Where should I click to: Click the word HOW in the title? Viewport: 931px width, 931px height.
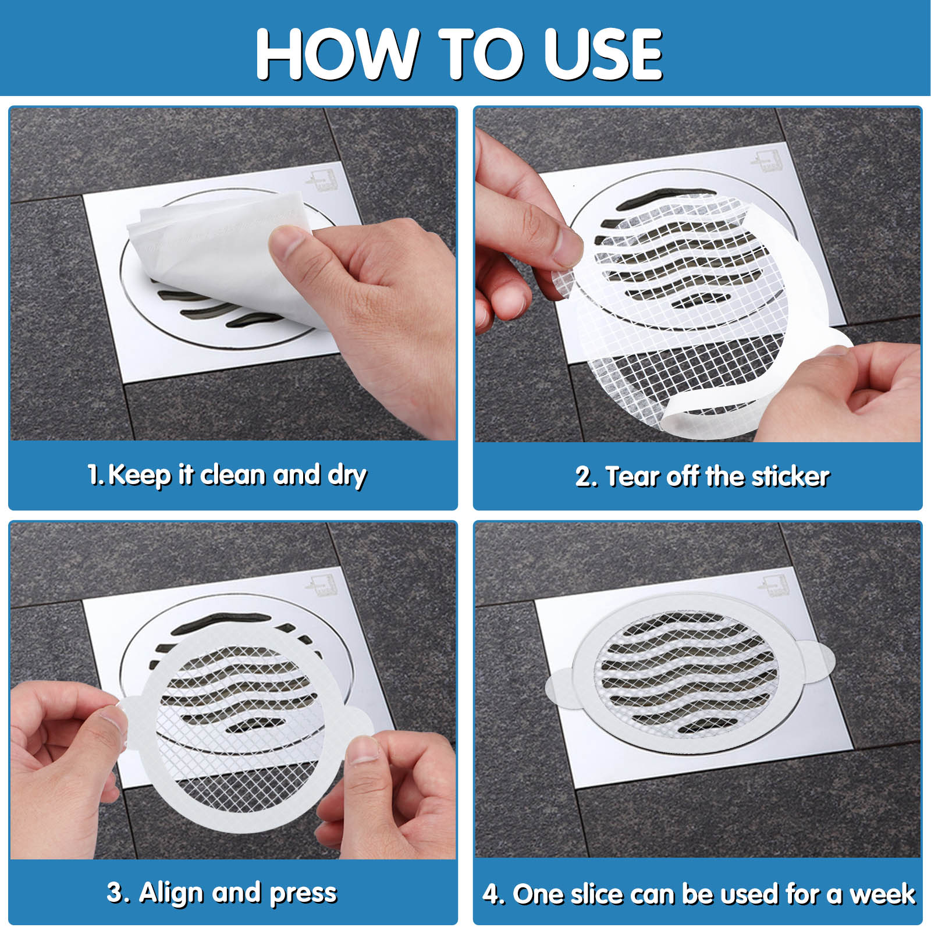coord(337,54)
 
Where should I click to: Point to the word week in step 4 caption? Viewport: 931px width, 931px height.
coord(883,894)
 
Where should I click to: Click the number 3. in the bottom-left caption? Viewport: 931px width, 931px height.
coord(117,893)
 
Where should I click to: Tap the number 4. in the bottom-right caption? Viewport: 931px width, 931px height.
coord(493,894)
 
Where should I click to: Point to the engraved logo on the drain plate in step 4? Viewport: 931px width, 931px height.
coord(776,584)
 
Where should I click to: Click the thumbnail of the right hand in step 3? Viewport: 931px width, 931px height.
coord(363,751)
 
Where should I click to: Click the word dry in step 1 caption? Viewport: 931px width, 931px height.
coord(347,476)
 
